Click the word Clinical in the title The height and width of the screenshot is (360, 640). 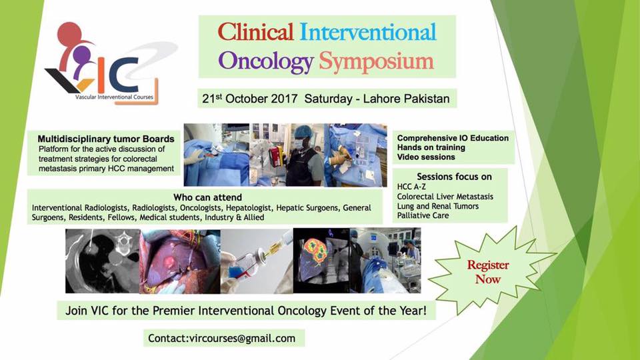click(x=255, y=32)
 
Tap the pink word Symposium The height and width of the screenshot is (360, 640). click(x=376, y=61)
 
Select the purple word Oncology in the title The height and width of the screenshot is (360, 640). click(x=266, y=61)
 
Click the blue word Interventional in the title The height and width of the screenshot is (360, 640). click(x=368, y=32)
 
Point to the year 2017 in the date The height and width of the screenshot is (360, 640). click(x=284, y=99)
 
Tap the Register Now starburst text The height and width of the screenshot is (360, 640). click(x=488, y=272)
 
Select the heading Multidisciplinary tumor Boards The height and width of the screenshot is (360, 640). click(x=106, y=139)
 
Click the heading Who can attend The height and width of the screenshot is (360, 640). click(x=207, y=197)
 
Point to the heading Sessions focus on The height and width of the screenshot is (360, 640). click(x=454, y=177)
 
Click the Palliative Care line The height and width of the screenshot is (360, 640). click(x=423, y=215)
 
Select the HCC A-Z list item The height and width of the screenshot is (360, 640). click(x=411, y=187)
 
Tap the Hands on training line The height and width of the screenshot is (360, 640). click(x=431, y=147)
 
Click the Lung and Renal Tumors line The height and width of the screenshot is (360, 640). click(x=438, y=206)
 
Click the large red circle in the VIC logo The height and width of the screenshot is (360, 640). click(x=70, y=35)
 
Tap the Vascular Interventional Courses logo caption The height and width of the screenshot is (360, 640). click(x=114, y=97)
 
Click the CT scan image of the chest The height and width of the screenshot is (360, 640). click(x=103, y=261)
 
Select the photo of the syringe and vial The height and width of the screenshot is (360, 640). click(x=257, y=261)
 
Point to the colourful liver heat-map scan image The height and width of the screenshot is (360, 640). click(x=321, y=261)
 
